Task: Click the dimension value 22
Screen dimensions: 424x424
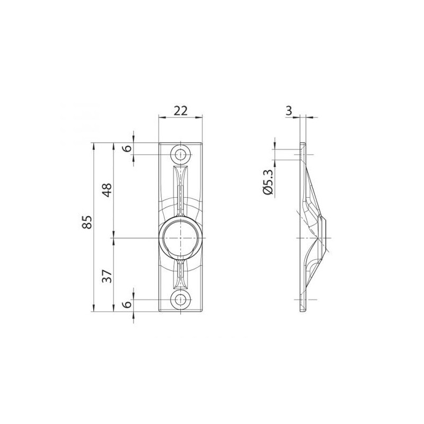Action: (181, 110)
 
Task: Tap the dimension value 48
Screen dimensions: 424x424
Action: (108, 190)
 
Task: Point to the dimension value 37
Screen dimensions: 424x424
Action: (108, 276)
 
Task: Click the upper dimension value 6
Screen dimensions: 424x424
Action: (127, 148)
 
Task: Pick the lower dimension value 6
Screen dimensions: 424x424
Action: (127, 305)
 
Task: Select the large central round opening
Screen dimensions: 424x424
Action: (181, 238)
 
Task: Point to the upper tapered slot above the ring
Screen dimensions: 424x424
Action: (181, 188)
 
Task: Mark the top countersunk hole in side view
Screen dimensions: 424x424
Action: (303, 155)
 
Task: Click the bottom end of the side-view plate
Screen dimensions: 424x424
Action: (302, 312)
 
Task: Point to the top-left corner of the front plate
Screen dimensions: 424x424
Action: (160, 143)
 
